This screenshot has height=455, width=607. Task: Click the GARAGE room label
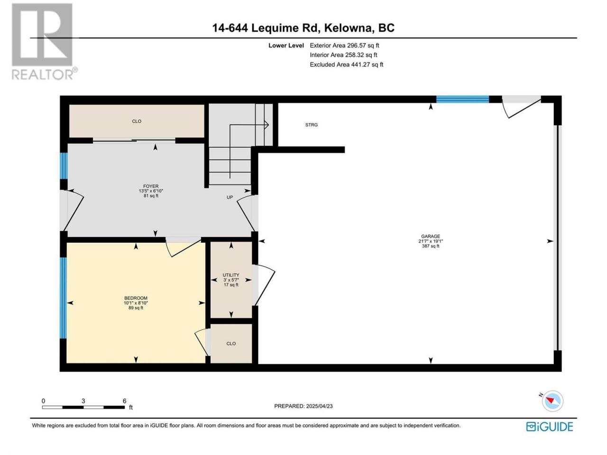(x=430, y=236)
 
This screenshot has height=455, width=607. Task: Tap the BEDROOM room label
(x=136, y=298)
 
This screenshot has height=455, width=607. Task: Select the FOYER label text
(x=151, y=186)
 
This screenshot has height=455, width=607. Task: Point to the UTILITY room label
(x=231, y=275)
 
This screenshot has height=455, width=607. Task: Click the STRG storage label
(x=312, y=125)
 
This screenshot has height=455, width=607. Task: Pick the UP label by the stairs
(x=230, y=197)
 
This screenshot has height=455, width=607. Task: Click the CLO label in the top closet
(x=137, y=121)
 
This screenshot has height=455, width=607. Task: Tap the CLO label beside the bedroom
(x=231, y=344)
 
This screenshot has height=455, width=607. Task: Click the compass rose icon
(x=552, y=401)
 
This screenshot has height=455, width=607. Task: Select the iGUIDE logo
(x=549, y=427)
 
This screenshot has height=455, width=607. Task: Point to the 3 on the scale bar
(x=83, y=401)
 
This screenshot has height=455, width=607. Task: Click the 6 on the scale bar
(x=124, y=401)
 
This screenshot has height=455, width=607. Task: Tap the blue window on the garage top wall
(x=462, y=99)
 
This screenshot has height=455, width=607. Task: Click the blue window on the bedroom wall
(x=64, y=298)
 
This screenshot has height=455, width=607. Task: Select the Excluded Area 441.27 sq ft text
(x=346, y=64)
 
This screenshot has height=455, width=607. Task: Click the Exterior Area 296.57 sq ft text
(x=344, y=45)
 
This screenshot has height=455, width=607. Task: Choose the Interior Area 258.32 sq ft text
(x=343, y=55)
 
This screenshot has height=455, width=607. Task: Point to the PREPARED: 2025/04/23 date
(x=303, y=406)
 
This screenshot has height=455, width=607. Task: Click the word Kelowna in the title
(x=348, y=28)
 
